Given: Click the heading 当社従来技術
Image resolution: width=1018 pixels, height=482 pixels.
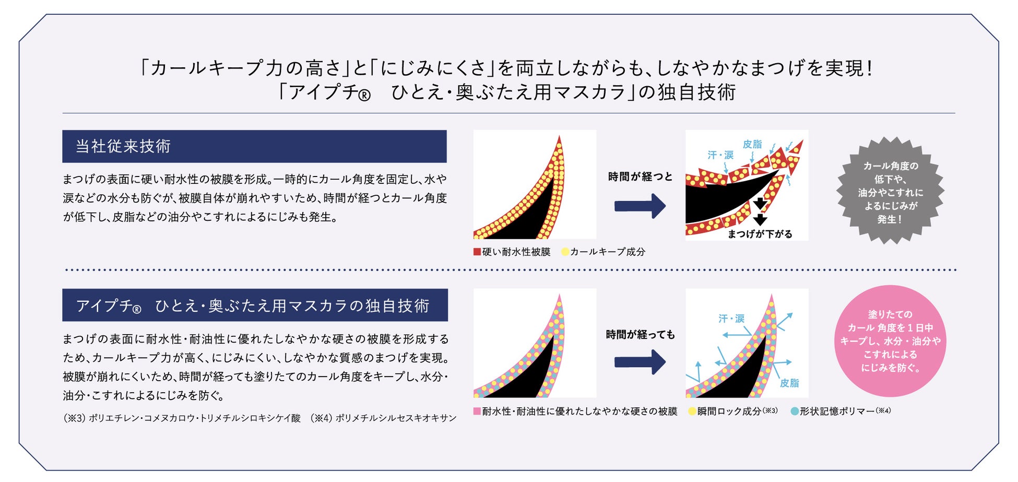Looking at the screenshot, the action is click(x=123, y=146).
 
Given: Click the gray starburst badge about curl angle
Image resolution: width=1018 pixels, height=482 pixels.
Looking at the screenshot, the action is click(x=890, y=191).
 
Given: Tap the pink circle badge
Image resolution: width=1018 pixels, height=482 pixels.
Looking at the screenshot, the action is click(x=890, y=340).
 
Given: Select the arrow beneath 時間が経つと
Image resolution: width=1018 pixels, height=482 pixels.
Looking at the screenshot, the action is click(x=640, y=206).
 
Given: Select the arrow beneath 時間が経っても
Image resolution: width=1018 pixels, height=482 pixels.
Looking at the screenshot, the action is click(x=640, y=362).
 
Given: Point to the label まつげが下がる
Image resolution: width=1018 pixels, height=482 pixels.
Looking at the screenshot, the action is click(x=760, y=234).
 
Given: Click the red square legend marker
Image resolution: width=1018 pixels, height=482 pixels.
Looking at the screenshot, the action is click(x=477, y=252).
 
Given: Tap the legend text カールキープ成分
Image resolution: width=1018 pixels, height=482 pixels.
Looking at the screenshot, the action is click(x=607, y=252).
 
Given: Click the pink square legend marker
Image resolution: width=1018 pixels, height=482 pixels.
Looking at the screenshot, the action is click(x=477, y=411).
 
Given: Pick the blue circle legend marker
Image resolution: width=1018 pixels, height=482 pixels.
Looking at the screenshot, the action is click(x=795, y=412).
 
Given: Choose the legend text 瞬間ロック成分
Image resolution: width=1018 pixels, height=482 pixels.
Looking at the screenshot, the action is click(x=729, y=412).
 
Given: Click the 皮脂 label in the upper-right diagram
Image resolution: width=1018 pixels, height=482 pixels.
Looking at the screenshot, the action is click(x=752, y=144).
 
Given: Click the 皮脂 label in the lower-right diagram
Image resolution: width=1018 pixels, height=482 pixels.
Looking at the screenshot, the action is click(x=789, y=383).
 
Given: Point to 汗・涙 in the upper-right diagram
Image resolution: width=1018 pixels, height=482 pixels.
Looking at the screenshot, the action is click(x=720, y=155).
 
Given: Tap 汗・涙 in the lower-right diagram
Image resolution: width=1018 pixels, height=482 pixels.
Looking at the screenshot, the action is click(x=731, y=319).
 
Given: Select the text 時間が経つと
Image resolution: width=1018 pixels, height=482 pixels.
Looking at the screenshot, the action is click(x=640, y=177).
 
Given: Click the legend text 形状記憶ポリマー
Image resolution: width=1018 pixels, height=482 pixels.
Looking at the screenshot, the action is click(x=837, y=412).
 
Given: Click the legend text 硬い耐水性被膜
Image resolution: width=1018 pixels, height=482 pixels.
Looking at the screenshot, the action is click(x=516, y=252).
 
